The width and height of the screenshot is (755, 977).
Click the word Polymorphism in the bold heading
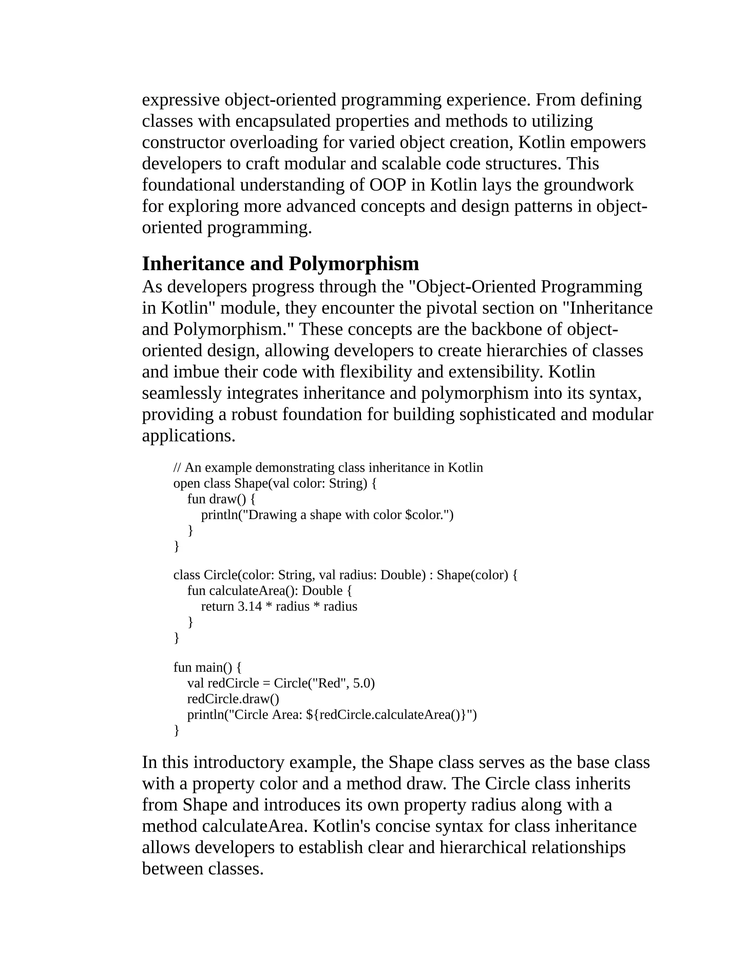point(354,264)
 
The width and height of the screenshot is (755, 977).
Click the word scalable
point(411,163)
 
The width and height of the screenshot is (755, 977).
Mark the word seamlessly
point(182,393)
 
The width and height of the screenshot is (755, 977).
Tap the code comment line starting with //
point(328,467)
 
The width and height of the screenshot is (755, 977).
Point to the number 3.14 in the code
point(250,606)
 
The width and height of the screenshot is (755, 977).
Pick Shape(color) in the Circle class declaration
point(472,575)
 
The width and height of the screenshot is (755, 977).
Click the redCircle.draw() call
point(233,699)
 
